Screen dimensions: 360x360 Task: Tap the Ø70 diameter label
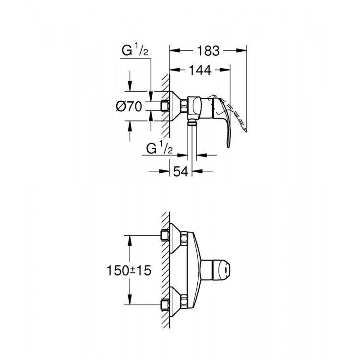tap(129, 107)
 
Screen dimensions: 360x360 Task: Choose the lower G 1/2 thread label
tap(159, 149)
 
